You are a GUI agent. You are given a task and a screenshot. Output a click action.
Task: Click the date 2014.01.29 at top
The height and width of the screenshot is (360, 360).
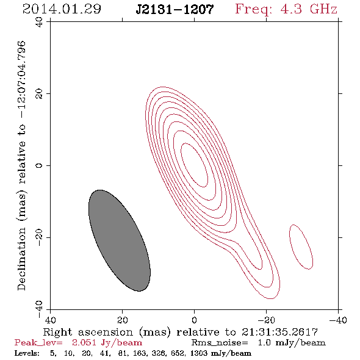click(x=62, y=9)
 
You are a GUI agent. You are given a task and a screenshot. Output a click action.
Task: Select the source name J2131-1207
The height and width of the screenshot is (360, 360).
click(x=175, y=9)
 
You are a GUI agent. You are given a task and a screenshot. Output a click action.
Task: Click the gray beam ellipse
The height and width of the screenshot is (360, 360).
click(x=120, y=240)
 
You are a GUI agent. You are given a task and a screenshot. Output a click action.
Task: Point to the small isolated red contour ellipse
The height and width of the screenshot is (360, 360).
click(x=301, y=247)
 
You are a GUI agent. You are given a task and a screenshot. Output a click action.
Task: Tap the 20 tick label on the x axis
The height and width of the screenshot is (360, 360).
click(x=122, y=320)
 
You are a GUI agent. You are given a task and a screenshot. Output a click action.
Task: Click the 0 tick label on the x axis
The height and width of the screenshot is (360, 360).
click(x=194, y=320)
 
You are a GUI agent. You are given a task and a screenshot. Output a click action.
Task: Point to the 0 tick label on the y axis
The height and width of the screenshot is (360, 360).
click(x=39, y=165)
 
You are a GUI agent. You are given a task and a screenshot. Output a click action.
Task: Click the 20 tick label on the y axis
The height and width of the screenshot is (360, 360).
click(x=39, y=94)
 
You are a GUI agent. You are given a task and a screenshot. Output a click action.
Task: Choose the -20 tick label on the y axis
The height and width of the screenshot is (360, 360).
click(x=39, y=237)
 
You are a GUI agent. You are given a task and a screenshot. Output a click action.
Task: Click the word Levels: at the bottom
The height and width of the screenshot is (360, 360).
click(x=27, y=353)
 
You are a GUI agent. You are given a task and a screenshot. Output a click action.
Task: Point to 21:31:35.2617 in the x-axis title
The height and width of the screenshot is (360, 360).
click(x=279, y=332)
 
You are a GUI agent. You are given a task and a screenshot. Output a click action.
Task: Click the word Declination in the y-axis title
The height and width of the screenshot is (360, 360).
click(x=21, y=259)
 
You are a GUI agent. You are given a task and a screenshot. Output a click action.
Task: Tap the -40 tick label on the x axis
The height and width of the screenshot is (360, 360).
click(x=337, y=320)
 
